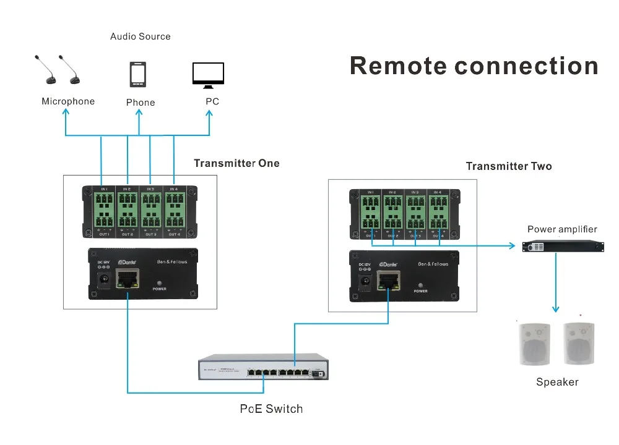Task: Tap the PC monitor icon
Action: click(208, 75)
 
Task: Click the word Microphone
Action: click(68, 101)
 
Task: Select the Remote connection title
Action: click(474, 66)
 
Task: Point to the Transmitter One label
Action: click(236, 164)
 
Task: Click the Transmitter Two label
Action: click(508, 166)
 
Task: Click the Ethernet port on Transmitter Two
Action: click(388, 283)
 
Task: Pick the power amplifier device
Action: click(563, 247)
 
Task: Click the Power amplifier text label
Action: click(562, 229)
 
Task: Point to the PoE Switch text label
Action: click(271, 409)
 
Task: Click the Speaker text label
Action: click(557, 382)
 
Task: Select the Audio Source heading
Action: click(140, 36)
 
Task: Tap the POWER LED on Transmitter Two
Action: click(421, 284)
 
